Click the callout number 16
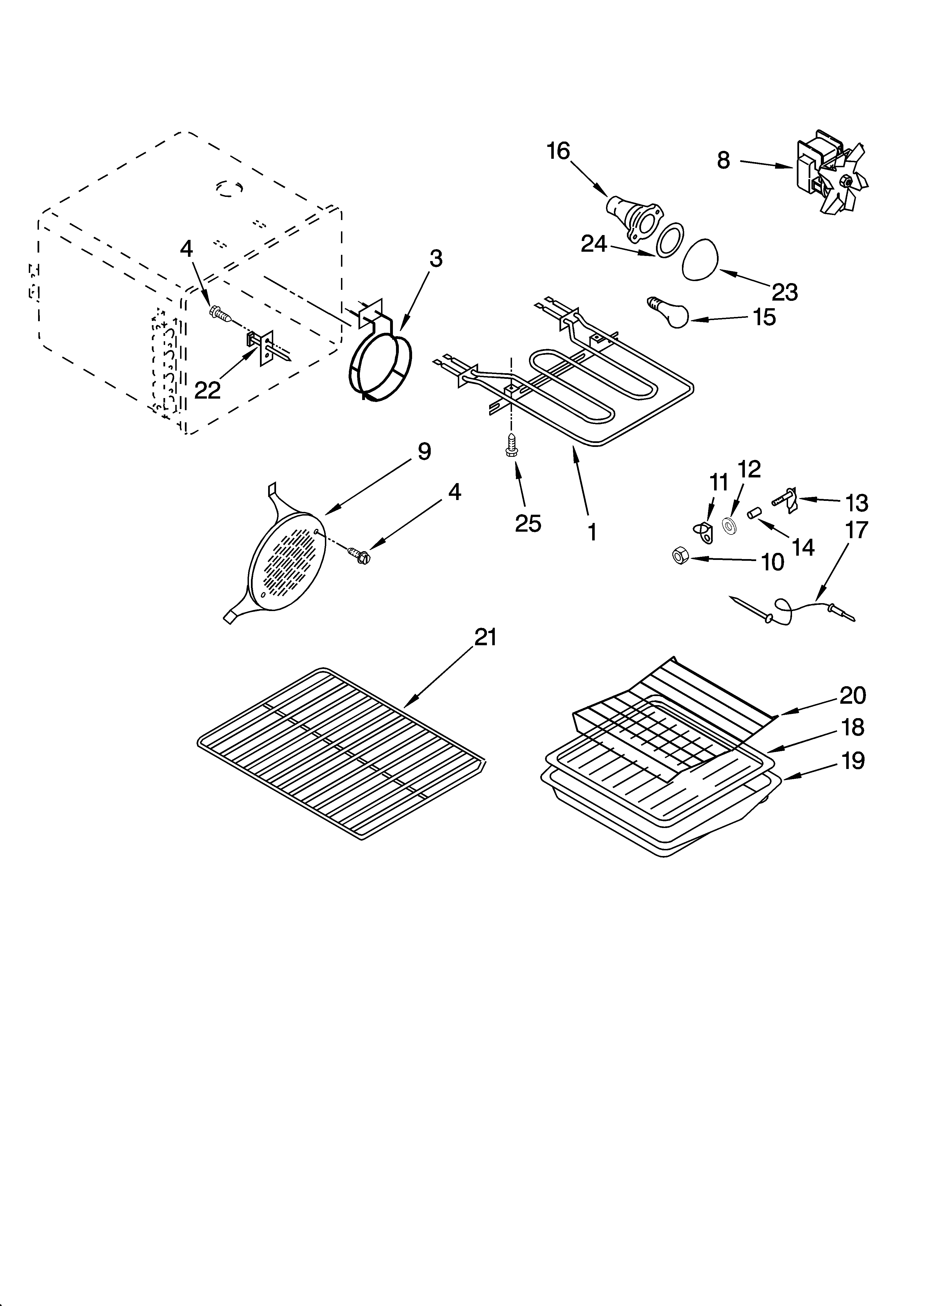[x=558, y=151]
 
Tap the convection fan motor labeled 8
[x=829, y=176]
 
